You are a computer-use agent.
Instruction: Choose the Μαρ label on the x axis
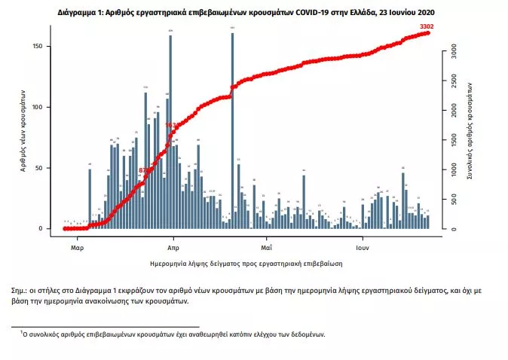point(76,246)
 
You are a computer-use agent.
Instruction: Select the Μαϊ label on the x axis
point(266,246)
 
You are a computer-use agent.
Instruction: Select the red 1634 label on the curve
point(171,125)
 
